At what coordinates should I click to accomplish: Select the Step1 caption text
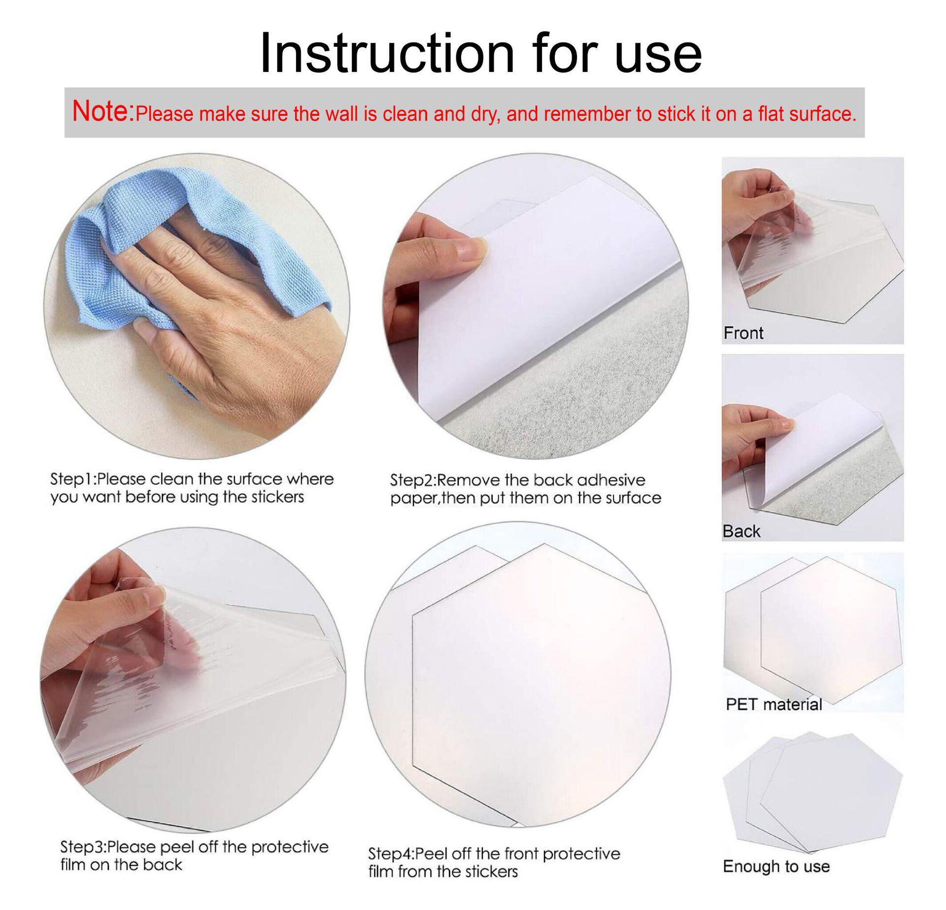pos(192,487)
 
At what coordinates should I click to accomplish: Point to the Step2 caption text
pos(525,488)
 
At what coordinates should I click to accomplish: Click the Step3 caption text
pos(194,855)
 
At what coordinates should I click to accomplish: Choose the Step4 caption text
pos(494,862)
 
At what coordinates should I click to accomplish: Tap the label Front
pos(743,333)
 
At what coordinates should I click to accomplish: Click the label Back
pos(741,531)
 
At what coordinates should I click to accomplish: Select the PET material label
pos(774,704)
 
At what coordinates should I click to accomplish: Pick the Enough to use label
pos(776,866)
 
